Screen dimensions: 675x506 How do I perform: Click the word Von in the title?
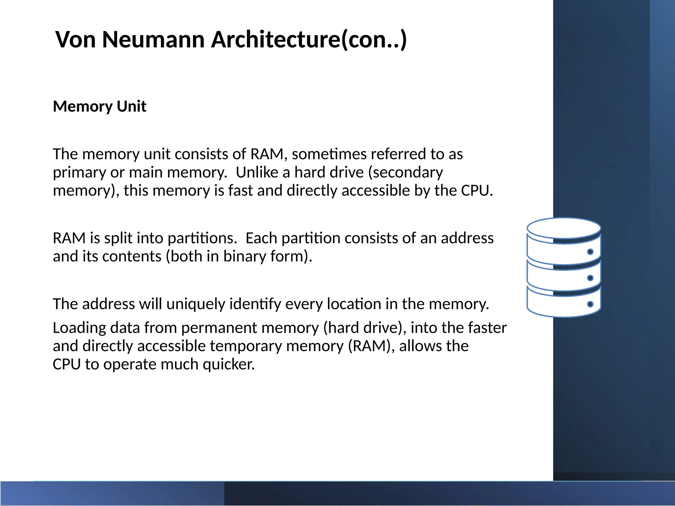pyautogui.click(x=75, y=40)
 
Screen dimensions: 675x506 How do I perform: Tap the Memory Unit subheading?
pyautogui.click(x=100, y=106)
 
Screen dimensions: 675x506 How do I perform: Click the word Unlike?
pyautogui.click(x=257, y=172)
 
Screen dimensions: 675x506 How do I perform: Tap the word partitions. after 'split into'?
pyautogui.click(x=202, y=238)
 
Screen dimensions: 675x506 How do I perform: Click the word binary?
pyautogui.click(x=244, y=257)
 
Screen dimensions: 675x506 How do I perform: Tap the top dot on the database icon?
pyautogui.click(x=590, y=252)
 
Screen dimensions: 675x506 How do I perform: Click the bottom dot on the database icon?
pyautogui.click(x=590, y=304)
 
